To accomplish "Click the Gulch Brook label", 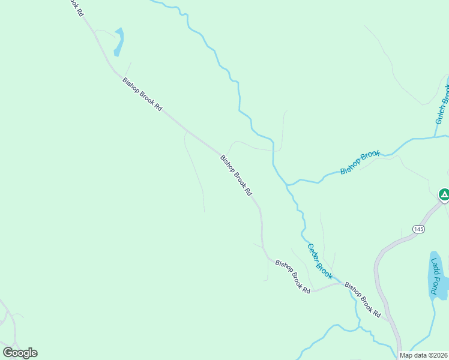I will click(x=442, y=104).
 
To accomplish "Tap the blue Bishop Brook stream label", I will click(x=360, y=163).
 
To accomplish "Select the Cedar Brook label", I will click(x=319, y=260).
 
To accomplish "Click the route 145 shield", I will click(x=418, y=229).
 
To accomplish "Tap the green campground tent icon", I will click(x=444, y=194).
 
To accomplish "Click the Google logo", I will click(x=20, y=352).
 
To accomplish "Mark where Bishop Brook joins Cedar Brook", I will click(x=288, y=184).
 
